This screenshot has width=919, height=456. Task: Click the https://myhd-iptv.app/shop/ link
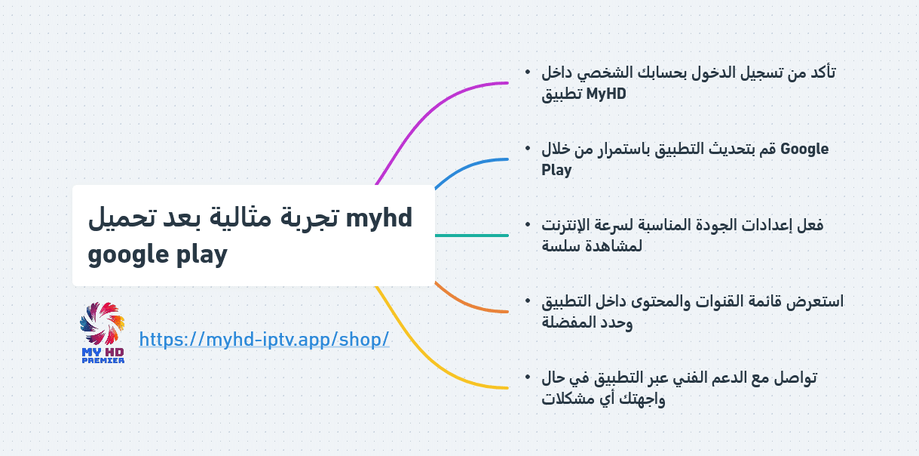coord(264,339)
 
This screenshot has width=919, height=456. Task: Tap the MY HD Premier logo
coord(103,333)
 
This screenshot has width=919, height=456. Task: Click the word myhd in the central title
coord(378,217)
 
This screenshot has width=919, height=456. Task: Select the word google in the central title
coord(128,255)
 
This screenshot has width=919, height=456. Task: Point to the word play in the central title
coord(202,255)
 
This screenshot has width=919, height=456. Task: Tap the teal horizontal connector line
coord(472,236)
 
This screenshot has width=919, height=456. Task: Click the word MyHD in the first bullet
coord(606,94)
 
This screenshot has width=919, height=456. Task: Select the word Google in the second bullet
coord(804,149)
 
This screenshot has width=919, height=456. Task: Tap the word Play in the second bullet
coord(556,170)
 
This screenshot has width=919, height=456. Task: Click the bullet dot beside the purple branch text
coord(528,72)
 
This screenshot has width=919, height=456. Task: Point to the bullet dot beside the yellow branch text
coord(528,377)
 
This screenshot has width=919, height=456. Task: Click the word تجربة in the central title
coord(309,217)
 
